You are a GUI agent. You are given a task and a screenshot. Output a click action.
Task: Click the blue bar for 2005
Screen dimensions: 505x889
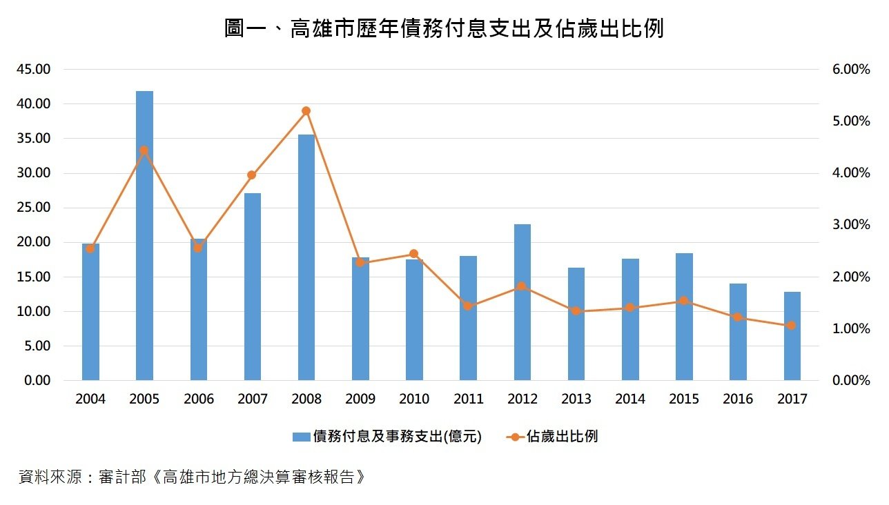(144, 235)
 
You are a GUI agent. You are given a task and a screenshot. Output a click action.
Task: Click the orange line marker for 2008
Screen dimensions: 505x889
(306, 111)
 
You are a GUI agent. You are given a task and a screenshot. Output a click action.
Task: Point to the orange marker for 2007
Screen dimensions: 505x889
(252, 175)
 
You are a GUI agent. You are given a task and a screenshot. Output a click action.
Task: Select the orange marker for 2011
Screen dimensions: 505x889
(468, 306)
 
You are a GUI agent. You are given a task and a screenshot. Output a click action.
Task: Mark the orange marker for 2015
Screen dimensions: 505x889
(684, 301)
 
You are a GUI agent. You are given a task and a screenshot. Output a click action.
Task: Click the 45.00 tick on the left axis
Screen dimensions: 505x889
(34, 69)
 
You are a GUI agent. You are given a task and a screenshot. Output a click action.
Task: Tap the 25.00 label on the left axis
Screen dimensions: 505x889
(34, 208)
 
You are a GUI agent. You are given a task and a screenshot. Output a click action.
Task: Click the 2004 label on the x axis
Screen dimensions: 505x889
(90, 399)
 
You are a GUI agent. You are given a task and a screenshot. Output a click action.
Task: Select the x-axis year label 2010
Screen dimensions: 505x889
(414, 399)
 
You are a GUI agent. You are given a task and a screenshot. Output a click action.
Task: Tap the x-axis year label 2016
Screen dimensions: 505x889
(738, 399)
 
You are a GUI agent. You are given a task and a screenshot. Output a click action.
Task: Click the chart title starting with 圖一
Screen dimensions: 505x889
(444, 29)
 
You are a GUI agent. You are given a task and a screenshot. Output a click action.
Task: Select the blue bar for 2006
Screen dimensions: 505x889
(199, 310)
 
